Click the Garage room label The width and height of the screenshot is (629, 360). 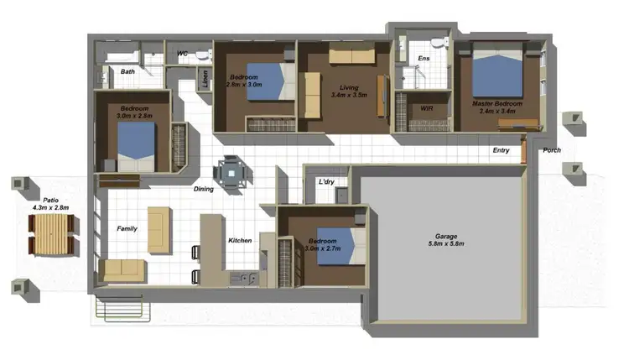click(x=446, y=236)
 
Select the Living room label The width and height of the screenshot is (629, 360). click(x=344, y=87)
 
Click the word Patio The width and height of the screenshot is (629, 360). click(x=51, y=201)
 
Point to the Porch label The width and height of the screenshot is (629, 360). click(x=552, y=151)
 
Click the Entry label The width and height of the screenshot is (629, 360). click(x=501, y=151)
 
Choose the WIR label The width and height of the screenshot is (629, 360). click(x=426, y=107)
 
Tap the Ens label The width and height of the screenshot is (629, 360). click(x=424, y=58)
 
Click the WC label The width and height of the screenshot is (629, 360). click(x=182, y=54)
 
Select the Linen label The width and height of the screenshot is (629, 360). click(x=205, y=79)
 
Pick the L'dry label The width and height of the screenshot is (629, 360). click(x=327, y=182)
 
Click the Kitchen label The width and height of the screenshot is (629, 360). click(x=240, y=241)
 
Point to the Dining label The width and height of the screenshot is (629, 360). click(x=204, y=189)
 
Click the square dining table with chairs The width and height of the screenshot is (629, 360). click(x=231, y=173)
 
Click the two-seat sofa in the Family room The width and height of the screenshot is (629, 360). click(x=122, y=270)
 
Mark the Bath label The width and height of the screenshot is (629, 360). click(x=127, y=72)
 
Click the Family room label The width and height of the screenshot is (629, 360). click(x=127, y=228)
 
